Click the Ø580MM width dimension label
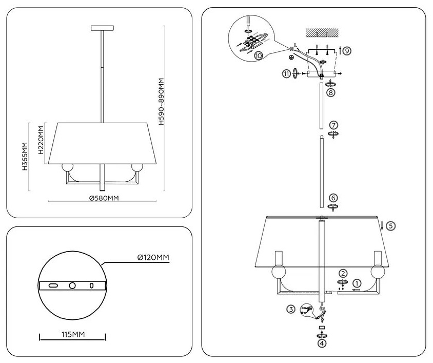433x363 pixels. coord(104,198)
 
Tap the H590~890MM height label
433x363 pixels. coord(162,102)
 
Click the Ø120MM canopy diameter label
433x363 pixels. coord(153,257)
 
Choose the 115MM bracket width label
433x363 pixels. coord(73,334)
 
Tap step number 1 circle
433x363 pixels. coord(357,283)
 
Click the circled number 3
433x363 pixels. coord(291,309)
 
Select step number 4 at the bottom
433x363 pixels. coord(322,343)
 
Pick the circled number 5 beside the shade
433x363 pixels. coord(390,226)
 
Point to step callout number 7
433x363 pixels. coord(333,125)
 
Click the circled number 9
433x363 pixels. coord(347,51)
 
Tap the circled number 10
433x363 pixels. coord(259,55)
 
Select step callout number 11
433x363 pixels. coord(286,74)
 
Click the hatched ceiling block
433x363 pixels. coord(322,33)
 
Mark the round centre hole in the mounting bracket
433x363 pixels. coord(72,285)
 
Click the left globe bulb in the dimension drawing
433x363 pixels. coord(67,168)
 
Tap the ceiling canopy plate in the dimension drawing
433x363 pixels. coord(103,28)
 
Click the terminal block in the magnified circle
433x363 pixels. coord(251,41)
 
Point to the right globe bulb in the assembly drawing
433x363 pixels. coord(378,272)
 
